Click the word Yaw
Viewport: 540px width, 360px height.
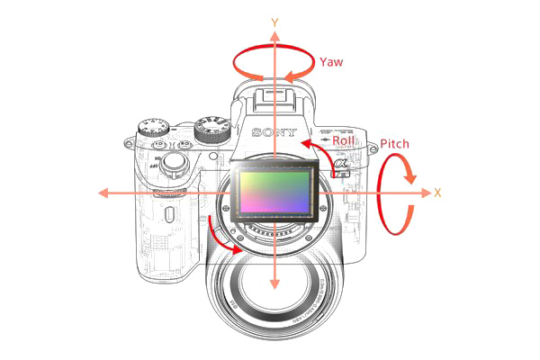pyautogui.click(x=330, y=61)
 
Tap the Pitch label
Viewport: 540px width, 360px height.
pyautogui.click(x=396, y=144)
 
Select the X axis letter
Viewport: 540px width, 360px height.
pyautogui.click(x=437, y=193)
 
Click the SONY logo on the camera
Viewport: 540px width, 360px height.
pyautogui.click(x=274, y=132)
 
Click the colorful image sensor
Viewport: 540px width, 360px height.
pyautogui.click(x=274, y=194)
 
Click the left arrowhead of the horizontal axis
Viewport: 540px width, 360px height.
pyautogui.click(x=104, y=193)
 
